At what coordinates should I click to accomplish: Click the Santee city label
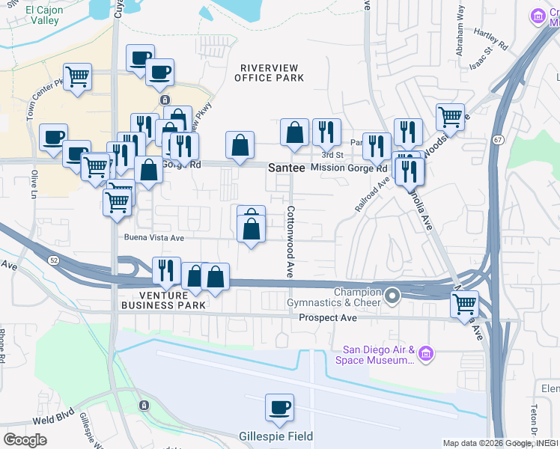[x=287, y=169]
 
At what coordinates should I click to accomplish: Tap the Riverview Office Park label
[x=270, y=73]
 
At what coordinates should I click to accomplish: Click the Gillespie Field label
[x=276, y=436]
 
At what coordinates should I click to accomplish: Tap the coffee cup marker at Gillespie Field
[x=279, y=408]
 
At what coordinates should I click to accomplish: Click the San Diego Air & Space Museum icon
[x=426, y=352]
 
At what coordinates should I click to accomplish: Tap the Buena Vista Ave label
[x=154, y=238]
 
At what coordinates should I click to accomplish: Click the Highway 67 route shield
[x=497, y=139]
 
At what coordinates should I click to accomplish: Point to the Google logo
[x=25, y=439]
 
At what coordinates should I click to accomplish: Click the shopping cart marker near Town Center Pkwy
[x=78, y=77]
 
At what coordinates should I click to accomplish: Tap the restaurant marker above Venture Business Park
[x=166, y=270]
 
